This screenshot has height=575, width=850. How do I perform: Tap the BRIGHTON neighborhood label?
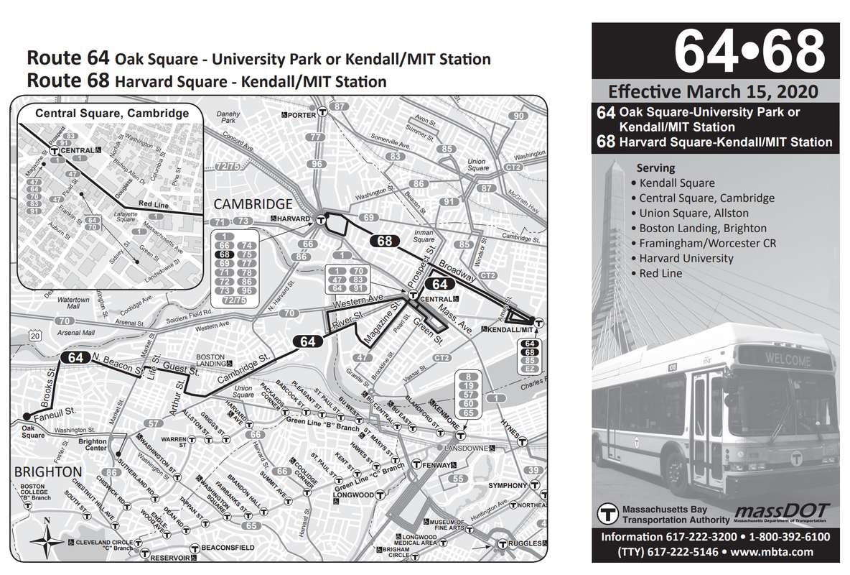tap(47, 472)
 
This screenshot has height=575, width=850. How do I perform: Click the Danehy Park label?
tap(228, 117)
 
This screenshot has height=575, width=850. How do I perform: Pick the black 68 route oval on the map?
tap(385, 241)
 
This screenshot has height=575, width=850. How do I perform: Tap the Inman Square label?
tap(424, 236)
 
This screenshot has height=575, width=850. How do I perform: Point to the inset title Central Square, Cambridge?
tap(112, 113)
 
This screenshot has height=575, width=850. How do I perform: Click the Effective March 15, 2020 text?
tap(713, 91)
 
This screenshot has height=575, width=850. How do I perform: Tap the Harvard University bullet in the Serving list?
tap(686, 258)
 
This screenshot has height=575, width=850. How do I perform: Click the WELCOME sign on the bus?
tap(788, 359)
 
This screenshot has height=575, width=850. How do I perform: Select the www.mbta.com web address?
tap(772, 552)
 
